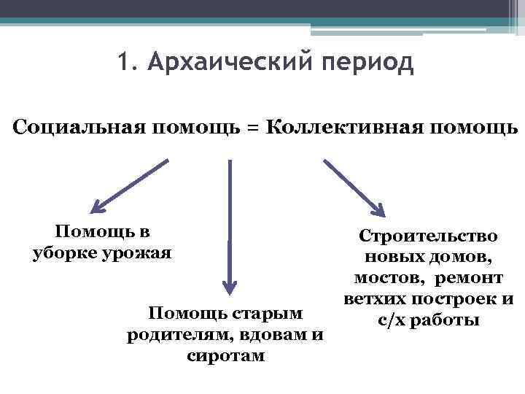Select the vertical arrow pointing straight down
[230, 226]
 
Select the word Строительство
[427, 236]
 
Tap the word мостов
[387, 279]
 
